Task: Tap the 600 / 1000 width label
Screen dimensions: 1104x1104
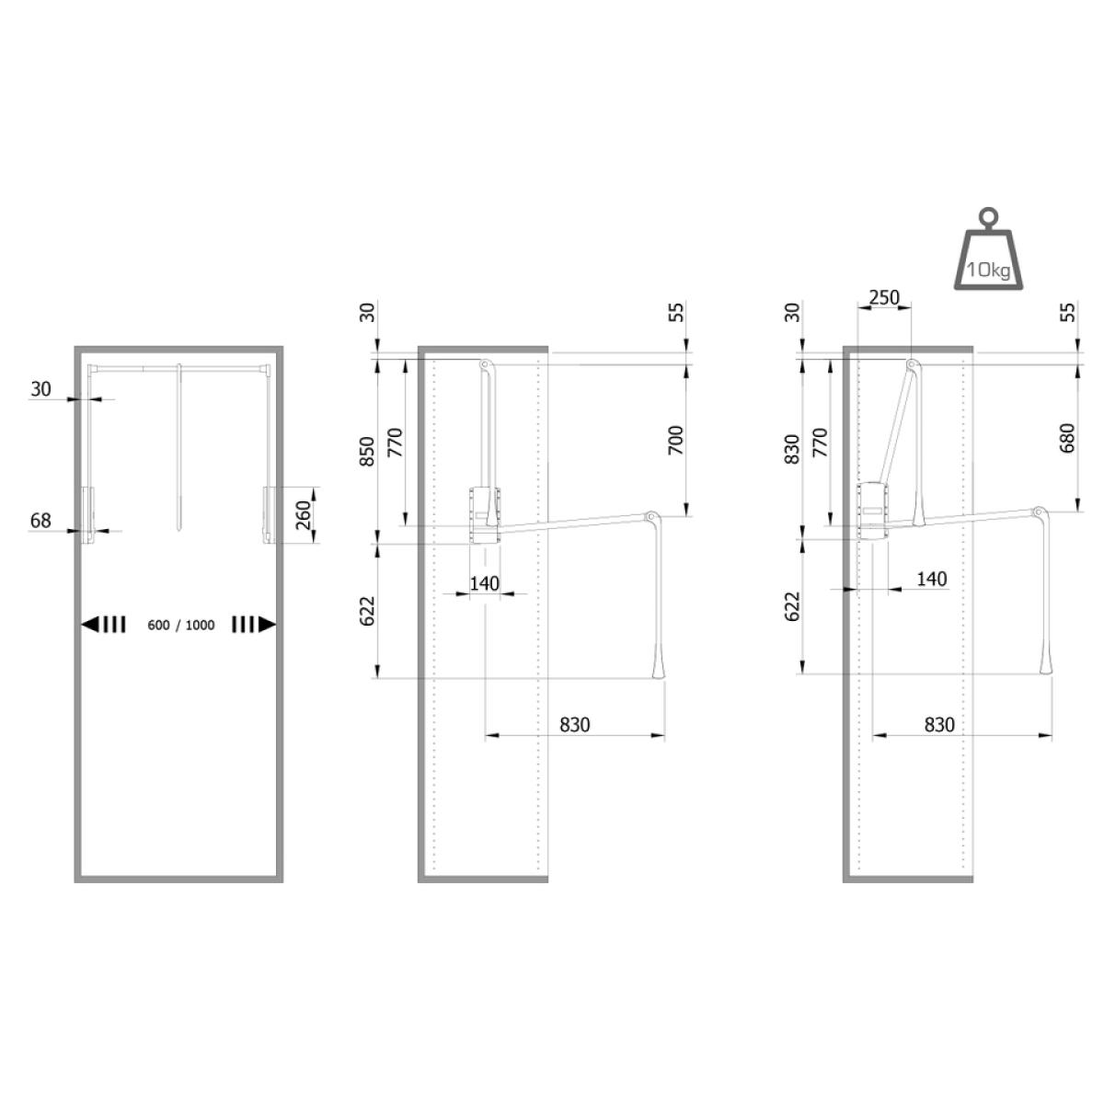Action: [181, 625]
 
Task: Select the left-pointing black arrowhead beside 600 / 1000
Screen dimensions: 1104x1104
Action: [90, 625]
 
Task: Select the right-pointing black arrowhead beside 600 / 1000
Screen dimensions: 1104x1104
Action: [267, 625]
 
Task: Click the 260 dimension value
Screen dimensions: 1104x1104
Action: [303, 514]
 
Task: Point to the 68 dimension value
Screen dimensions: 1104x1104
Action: [40, 520]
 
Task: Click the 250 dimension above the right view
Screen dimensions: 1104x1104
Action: [884, 298]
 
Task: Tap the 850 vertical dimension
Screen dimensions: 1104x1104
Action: [367, 452]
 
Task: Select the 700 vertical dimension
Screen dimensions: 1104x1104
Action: [676, 440]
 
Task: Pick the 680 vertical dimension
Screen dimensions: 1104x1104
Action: [1067, 438]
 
